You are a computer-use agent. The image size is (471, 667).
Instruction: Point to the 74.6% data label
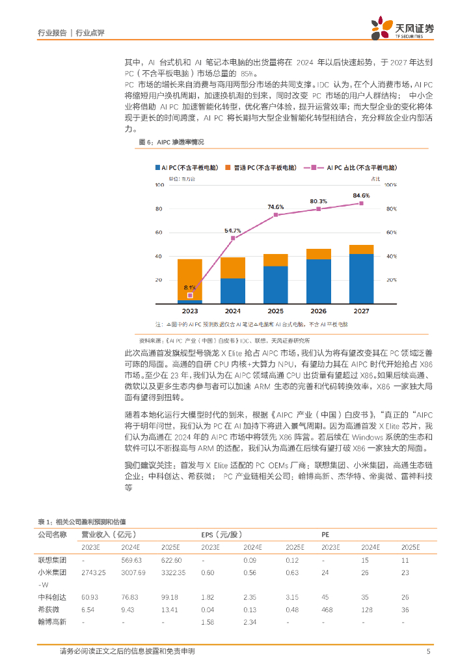(276, 207)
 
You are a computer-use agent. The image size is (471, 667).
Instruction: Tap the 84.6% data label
(361, 195)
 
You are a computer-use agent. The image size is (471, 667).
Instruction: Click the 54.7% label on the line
(233, 231)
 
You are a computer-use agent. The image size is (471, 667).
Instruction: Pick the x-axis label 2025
(276, 312)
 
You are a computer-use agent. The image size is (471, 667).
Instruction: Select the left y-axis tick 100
(158, 185)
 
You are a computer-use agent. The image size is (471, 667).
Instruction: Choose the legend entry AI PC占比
(355, 168)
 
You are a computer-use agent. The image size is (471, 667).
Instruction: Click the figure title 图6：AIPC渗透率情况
(172, 142)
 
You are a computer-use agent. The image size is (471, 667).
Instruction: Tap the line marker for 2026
(319, 209)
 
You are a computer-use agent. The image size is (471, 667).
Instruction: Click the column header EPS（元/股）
(223, 534)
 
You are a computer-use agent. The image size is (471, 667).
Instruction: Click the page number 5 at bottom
(428, 651)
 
